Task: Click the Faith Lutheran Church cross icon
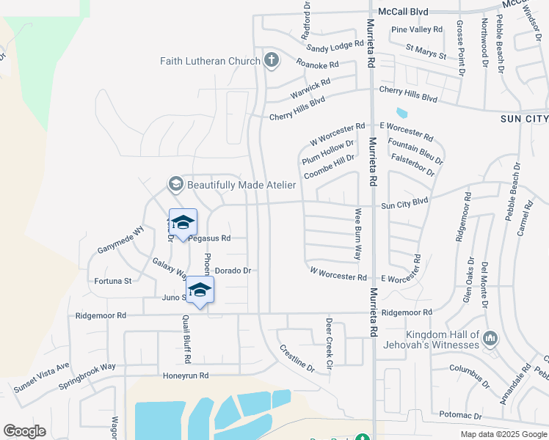pyautogui.click(x=272, y=61)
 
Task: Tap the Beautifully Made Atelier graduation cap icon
pyautogui.click(x=175, y=184)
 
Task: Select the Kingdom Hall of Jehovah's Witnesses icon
pyautogui.click(x=490, y=339)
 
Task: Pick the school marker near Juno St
pyautogui.click(x=200, y=290)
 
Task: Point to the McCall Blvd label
pyautogui.click(x=403, y=12)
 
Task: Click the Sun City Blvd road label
pyautogui.click(x=404, y=202)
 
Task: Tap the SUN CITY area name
pyautogui.click(x=524, y=119)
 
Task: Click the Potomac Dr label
pyautogui.click(x=460, y=415)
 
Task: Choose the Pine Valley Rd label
pyautogui.click(x=417, y=30)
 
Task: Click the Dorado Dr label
pyautogui.click(x=233, y=271)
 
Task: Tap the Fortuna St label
pyautogui.click(x=113, y=281)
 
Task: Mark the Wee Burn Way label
pyautogui.click(x=358, y=234)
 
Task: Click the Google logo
pyautogui.click(x=24, y=431)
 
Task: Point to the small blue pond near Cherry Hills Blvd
pyautogui.click(x=401, y=114)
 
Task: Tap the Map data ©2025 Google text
pyautogui.click(x=503, y=434)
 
